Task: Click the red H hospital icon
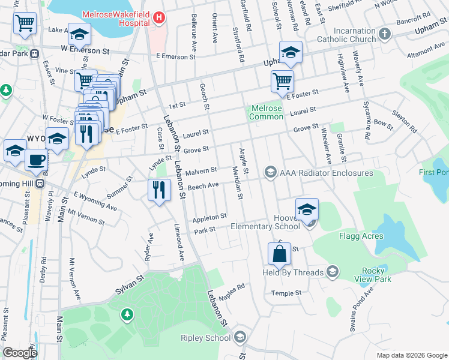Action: pyautogui.click(x=158, y=17)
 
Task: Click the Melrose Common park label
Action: pyautogui.click(x=266, y=112)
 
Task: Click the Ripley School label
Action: pyautogui.click(x=205, y=338)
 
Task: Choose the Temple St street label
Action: pyautogui.click(x=286, y=293)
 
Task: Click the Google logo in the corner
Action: pyautogui.click(x=20, y=352)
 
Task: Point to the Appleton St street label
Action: pyautogui.click(x=209, y=217)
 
